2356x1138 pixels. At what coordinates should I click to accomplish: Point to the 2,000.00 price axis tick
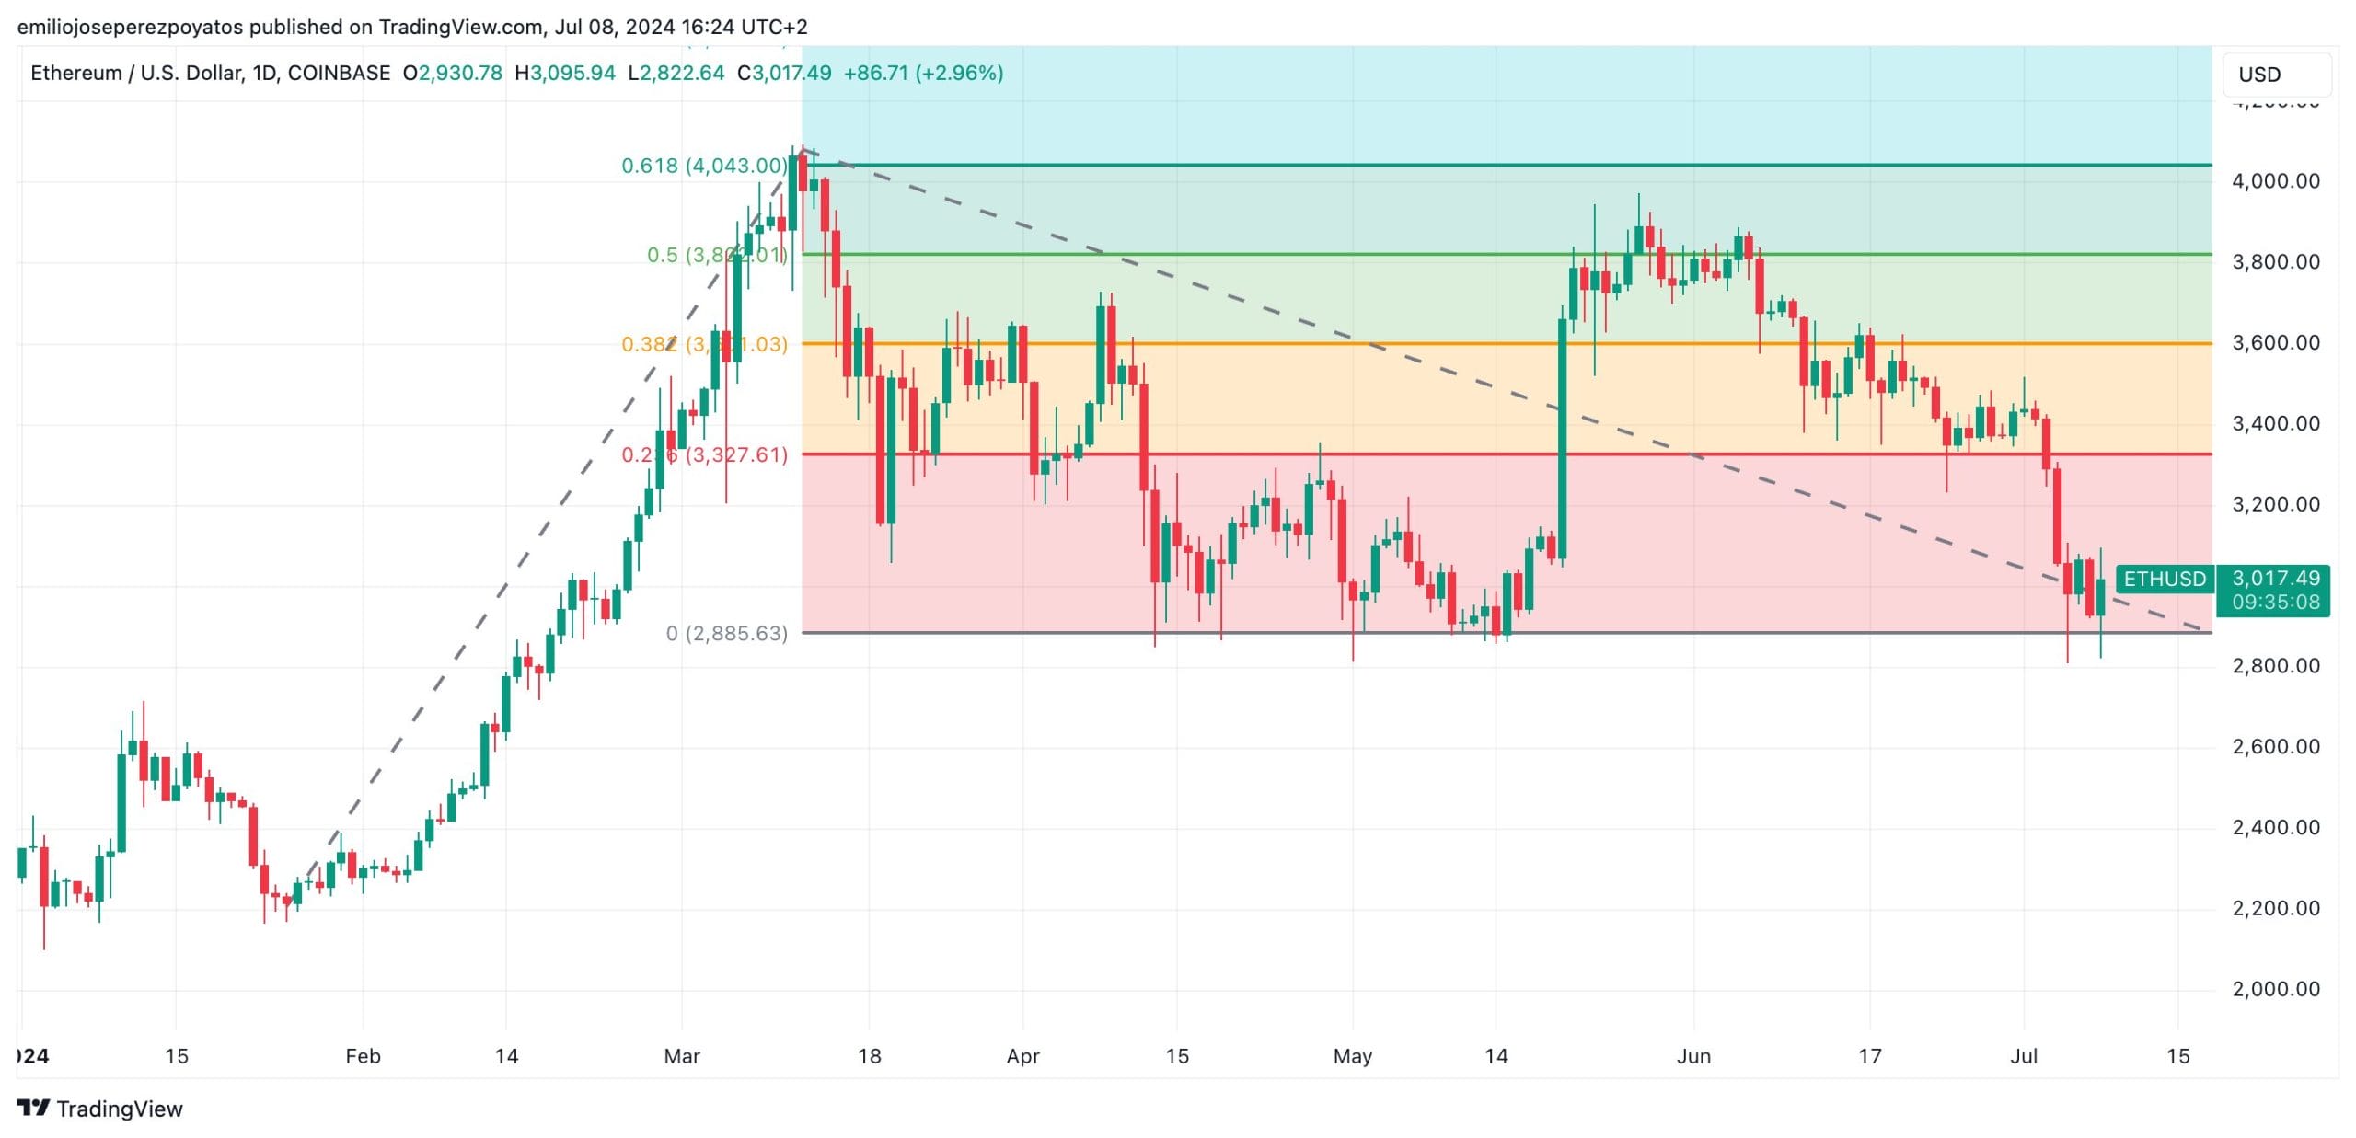coord(2275,989)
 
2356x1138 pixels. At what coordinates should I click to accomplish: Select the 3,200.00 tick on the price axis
coord(2275,504)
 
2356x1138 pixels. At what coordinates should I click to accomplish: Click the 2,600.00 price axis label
coord(2275,746)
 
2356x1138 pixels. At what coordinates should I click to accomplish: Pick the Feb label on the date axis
coord(363,1056)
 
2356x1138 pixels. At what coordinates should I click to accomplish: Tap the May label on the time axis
coord(1352,1056)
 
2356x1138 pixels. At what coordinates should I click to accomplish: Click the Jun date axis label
coord(1693,1056)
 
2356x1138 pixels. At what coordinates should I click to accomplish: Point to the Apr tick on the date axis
coord(1022,1056)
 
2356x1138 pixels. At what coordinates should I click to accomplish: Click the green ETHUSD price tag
coord(2165,579)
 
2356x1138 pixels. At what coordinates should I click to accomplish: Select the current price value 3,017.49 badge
coord(2276,578)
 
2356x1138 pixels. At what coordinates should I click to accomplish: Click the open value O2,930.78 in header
coord(453,73)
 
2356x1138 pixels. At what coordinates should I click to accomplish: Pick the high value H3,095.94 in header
coord(565,73)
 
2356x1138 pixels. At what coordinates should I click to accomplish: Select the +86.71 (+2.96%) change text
coord(923,73)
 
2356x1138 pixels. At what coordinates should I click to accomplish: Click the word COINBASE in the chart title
coord(339,73)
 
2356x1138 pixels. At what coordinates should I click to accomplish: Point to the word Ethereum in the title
coord(75,73)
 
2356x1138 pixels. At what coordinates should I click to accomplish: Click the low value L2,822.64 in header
coord(676,73)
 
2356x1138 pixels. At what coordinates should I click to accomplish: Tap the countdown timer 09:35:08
coord(2276,603)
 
